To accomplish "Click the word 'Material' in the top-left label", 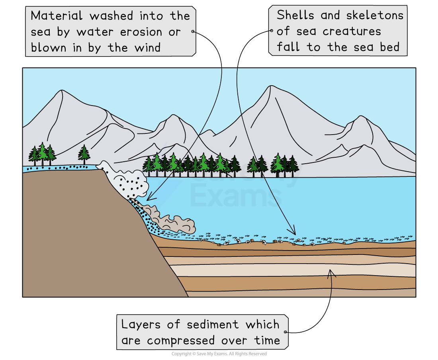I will (57, 16).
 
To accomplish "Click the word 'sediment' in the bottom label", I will (213, 325).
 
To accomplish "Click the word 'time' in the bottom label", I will (267, 341).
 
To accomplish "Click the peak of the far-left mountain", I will (61, 90).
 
